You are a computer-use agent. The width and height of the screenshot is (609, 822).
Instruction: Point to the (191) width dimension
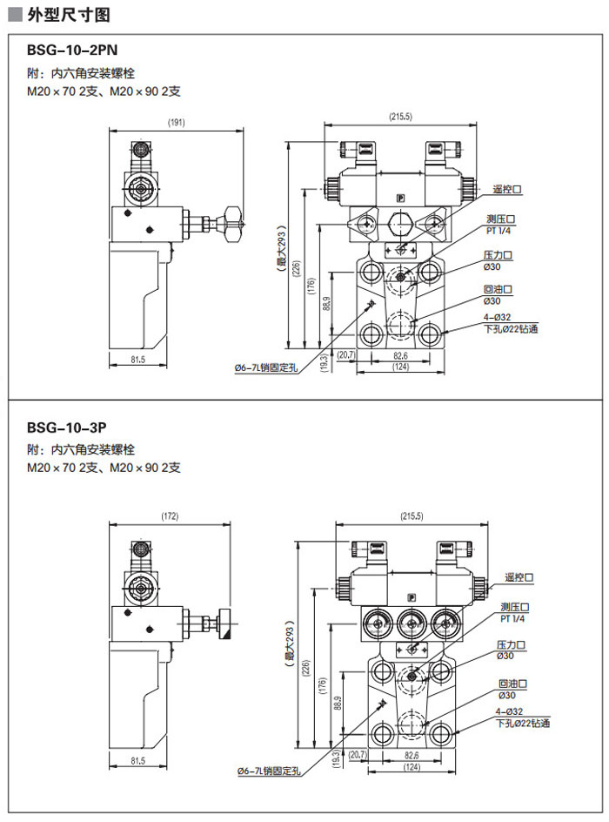[x=176, y=123]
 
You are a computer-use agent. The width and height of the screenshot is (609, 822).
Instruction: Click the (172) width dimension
[x=170, y=516]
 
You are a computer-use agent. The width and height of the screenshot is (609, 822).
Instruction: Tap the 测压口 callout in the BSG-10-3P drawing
[x=514, y=607]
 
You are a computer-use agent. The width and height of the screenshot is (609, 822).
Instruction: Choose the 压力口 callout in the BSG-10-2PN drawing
[x=498, y=256]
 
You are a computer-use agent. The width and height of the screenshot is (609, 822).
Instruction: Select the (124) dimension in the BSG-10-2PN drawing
[x=400, y=367]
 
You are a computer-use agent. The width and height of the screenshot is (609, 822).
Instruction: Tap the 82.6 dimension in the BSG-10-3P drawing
[x=412, y=755]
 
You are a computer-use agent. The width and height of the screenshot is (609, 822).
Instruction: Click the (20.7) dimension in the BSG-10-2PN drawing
[x=345, y=354]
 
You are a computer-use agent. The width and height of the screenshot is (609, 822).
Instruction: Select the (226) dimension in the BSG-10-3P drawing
[x=305, y=668]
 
